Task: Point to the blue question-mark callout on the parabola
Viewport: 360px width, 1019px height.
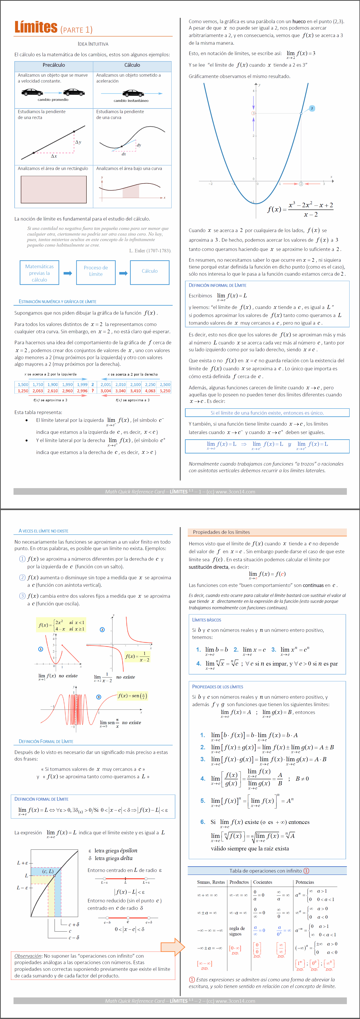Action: [312, 108]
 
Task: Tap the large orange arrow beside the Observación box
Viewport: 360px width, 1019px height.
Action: [172, 947]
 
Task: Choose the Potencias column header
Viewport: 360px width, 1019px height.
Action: [305, 882]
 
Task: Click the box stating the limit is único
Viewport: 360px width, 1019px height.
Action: [267, 413]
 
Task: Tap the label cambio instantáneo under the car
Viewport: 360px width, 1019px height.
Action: [131, 101]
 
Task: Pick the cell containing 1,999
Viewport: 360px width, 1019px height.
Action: [82, 384]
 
